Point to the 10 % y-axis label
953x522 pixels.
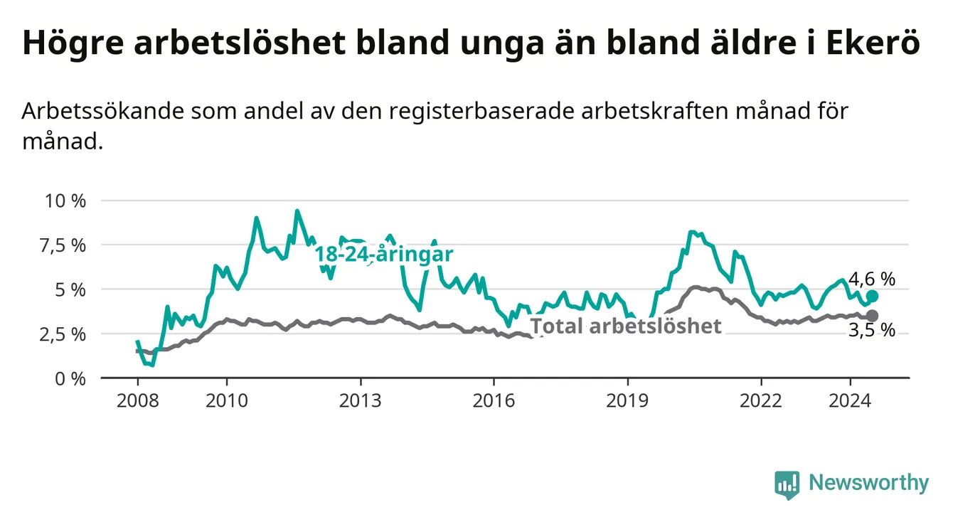tap(65, 201)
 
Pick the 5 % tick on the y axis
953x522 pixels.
tap(70, 289)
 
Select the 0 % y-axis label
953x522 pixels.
tap(70, 378)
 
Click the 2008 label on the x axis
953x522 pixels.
tap(137, 401)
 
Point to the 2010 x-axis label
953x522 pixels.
tap(226, 401)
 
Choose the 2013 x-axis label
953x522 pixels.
tap(360, 401)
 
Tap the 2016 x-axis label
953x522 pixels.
tap(494, 401)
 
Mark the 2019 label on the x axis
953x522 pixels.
tap(627, 401)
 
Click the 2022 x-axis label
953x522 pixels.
tap(761, 401)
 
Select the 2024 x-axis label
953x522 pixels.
tap(850, 401)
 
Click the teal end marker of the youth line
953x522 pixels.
tap(873, 296)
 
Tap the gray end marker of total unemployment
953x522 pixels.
tap(873, 315)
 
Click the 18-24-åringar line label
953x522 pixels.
tap(384, 255)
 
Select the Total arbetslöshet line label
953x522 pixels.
tap(627, 326)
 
